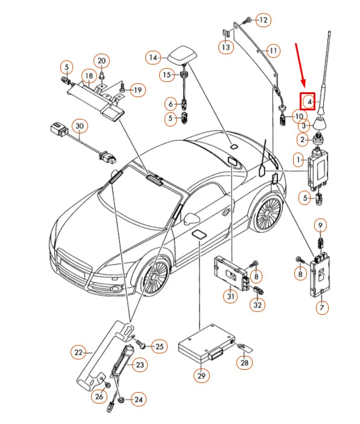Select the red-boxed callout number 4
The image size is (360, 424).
[309, 102]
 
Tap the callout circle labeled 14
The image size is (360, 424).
[153, 57]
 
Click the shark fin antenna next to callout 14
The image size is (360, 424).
[182, 54]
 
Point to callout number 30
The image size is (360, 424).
[78, 125]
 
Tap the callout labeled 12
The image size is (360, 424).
[263, 21]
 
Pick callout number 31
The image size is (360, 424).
[230, 296]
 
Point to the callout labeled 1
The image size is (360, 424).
[298, 160]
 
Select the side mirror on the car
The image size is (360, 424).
[193, 215]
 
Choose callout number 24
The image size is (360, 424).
[139, 399]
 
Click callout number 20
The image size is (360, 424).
[102, 61]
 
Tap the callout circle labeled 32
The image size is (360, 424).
[258, 306]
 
